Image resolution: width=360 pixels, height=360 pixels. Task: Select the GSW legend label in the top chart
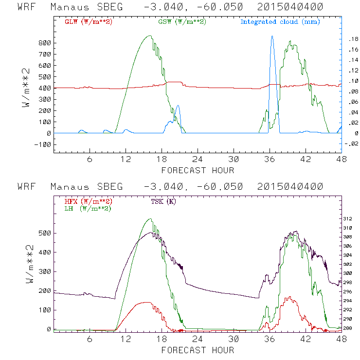coord(181,22)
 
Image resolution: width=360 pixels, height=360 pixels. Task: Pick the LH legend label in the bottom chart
coord(88,208)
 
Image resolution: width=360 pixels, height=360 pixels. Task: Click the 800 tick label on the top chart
coord(45,43)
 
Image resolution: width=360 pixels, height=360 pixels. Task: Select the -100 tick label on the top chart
coord(43,144)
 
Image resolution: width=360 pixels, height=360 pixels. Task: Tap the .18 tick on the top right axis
coord(351,39)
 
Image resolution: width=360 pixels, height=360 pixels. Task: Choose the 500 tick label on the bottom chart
coord(45,233)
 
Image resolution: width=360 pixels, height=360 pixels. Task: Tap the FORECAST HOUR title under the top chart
coord(198,170)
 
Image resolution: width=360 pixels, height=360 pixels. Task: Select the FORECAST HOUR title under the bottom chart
coord(198,350)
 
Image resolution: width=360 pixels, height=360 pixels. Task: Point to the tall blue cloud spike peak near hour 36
coord(272,36)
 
